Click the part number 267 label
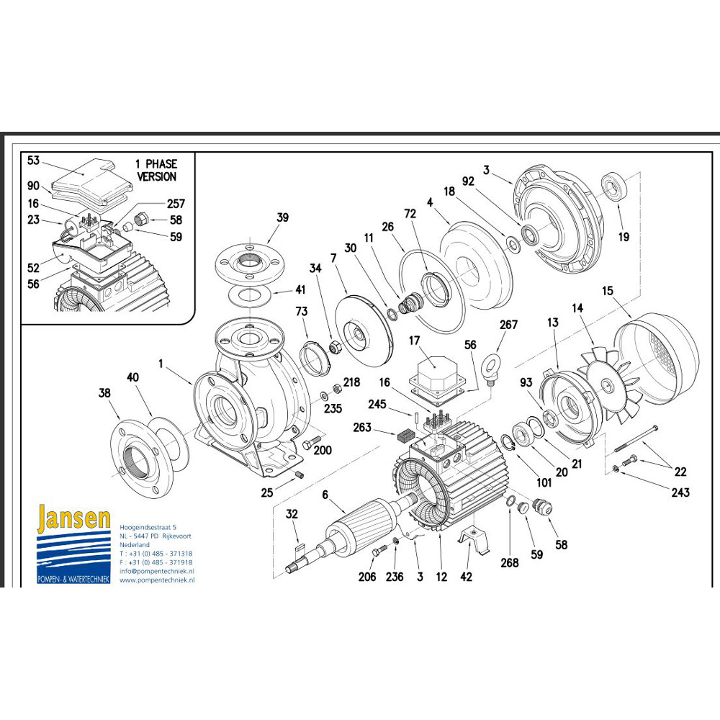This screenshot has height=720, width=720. [x=508, y=325]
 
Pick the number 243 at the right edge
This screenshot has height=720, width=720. [x=680, y=492]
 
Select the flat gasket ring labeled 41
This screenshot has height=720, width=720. [x=251, y=295]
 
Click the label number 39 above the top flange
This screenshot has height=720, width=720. [x=282, y=217]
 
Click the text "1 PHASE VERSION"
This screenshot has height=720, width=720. [x=156, y=170]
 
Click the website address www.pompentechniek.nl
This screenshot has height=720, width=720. [x=157, y=580]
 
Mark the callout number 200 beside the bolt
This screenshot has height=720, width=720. [x=322, y=451]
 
